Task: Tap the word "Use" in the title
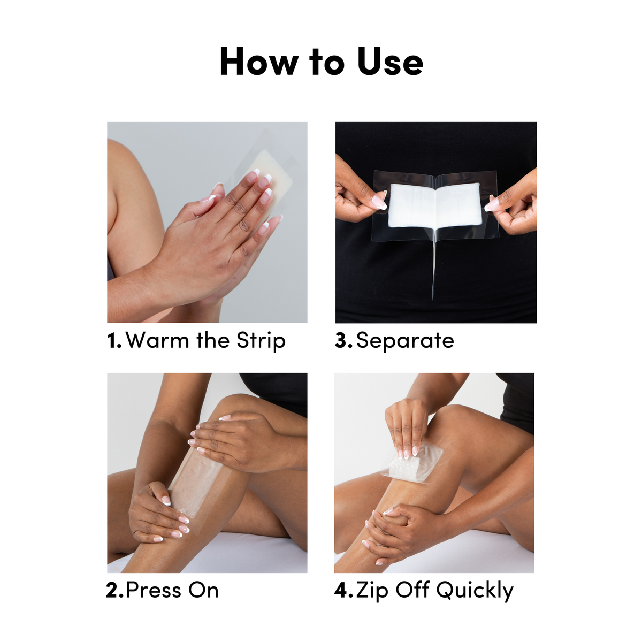(390, 62)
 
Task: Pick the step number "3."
(343, 341)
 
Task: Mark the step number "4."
(343, 591)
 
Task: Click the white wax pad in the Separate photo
(434, 205)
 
